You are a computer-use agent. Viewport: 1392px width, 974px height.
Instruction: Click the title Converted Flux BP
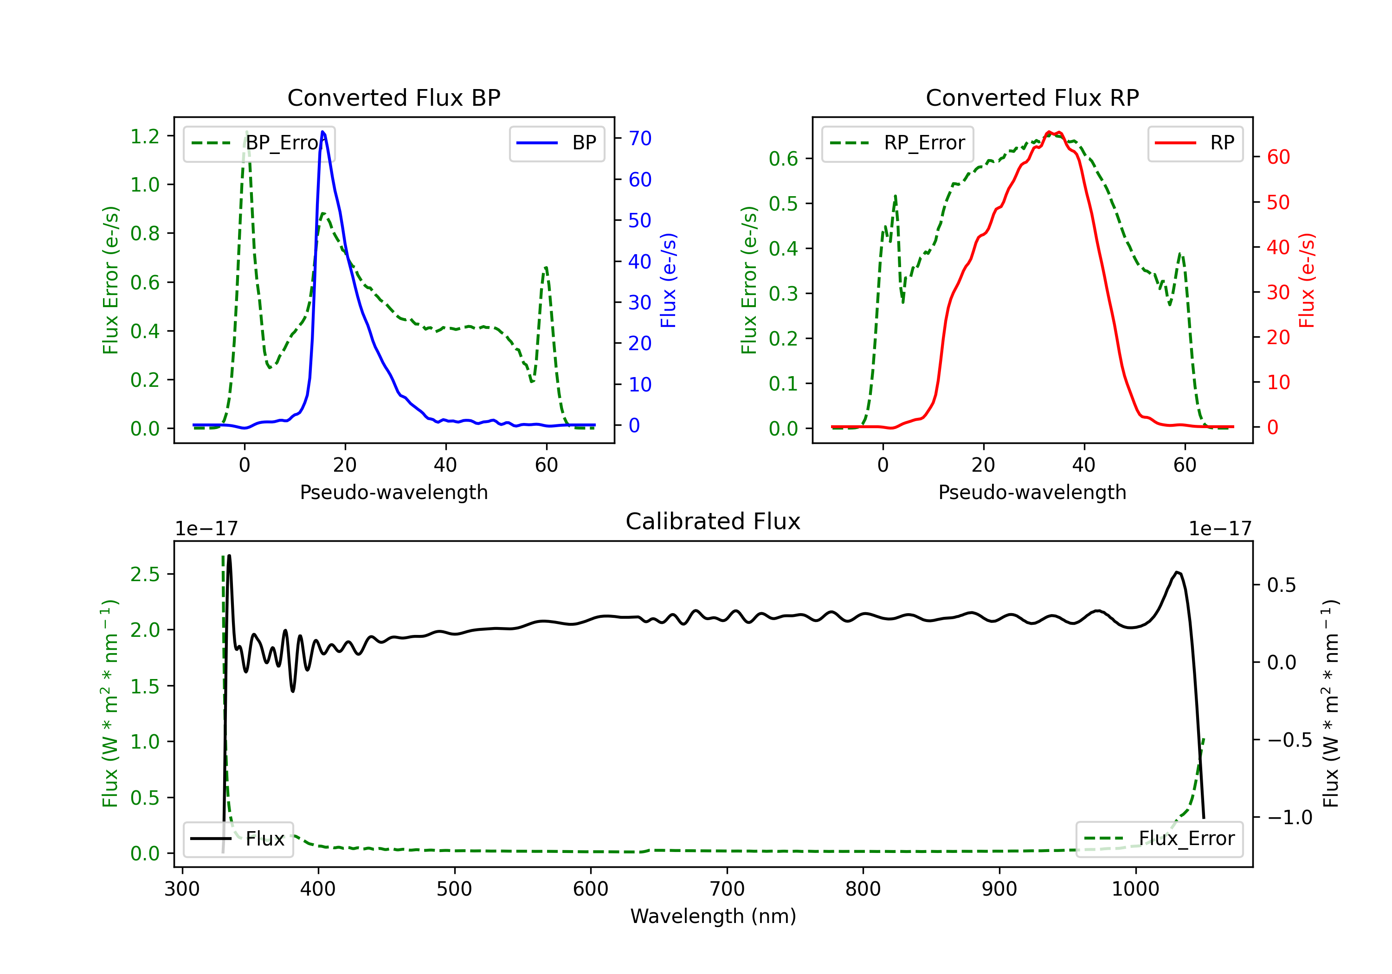point(393,97)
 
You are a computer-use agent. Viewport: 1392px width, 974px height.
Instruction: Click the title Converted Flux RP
point(1032,97)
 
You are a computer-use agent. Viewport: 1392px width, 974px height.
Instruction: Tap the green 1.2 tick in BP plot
point(145,136)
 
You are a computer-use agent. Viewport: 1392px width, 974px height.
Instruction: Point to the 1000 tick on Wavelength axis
point(1135,889)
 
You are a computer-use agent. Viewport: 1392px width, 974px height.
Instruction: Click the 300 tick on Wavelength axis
point(182,889)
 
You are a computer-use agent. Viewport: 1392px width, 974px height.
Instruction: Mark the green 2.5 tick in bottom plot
point(145,574)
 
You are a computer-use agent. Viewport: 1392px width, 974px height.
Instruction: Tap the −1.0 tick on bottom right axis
point(1289,818)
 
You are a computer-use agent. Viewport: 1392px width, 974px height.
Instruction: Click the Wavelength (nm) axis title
point(713,916)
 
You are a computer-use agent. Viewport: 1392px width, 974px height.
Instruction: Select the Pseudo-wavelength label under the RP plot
point(1032,492)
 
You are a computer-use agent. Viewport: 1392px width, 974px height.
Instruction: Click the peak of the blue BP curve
point(322,132)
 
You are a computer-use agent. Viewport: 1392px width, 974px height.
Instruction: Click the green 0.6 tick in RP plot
point(783,159)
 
